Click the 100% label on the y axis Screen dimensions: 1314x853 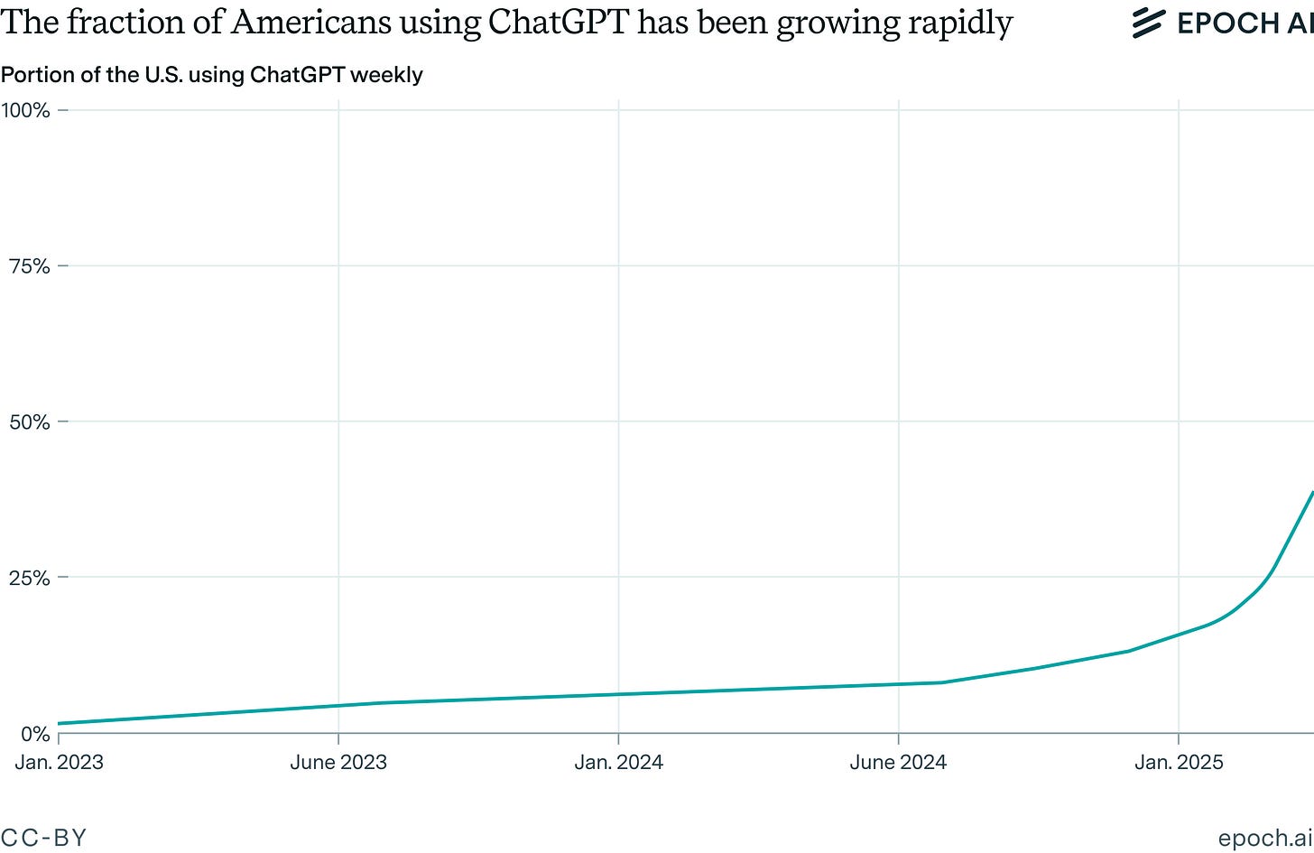pyautogui.click(x=25, y=110)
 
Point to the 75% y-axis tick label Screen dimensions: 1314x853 pyautogui.click(x=30, y=266)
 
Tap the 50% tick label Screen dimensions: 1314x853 pyautogui.click(x=30, y=422)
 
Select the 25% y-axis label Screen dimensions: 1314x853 pyautogui.click(x=30, y=578)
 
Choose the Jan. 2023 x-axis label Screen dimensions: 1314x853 pyautogui.click(x=60, y=762)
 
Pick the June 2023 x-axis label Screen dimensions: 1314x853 pyautogui.click(x=338, y=762)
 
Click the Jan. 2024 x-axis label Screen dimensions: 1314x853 pyautogui.click(x=619, y=762)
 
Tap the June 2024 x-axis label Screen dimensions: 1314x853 pyautogui.click(x=899, y=762)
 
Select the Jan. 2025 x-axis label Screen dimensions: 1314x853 pyautogui.click(x=1179, y=762)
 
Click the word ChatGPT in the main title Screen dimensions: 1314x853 pyautogui.click(x=559, y=23)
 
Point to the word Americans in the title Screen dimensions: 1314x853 pyautogui.click(x=310, y=23)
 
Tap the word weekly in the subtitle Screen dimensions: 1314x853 pyautogui.click(x=388, y=75)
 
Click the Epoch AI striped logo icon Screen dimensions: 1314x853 pyautogui.click(x=1149, y=23)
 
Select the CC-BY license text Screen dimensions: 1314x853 pyautogui.click(x=43, y=837)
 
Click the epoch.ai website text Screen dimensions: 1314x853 pyautogui.click(x=1265, y=838)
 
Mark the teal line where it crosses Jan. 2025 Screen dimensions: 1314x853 pyautogui.click(x=1179, y=635)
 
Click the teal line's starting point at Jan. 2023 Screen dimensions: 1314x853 pyautogui.click(x=60, y=723)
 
